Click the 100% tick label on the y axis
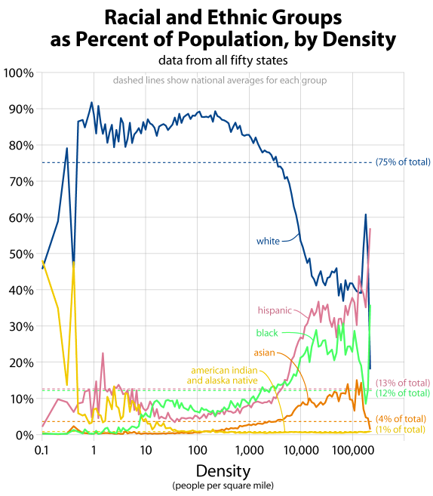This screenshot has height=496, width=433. [20, 73]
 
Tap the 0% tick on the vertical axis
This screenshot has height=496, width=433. [24, 435]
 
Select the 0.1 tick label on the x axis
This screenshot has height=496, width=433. [42, 448]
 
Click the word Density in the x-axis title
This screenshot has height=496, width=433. [223, 470]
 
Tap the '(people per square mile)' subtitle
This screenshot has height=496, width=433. [223, 485]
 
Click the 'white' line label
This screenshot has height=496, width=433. [268, 242]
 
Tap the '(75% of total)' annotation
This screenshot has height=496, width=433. [403, 162]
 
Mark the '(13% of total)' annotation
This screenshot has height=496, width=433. [403, 383]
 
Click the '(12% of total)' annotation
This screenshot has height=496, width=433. [403, 393]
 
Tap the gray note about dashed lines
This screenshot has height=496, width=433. [220, 80]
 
